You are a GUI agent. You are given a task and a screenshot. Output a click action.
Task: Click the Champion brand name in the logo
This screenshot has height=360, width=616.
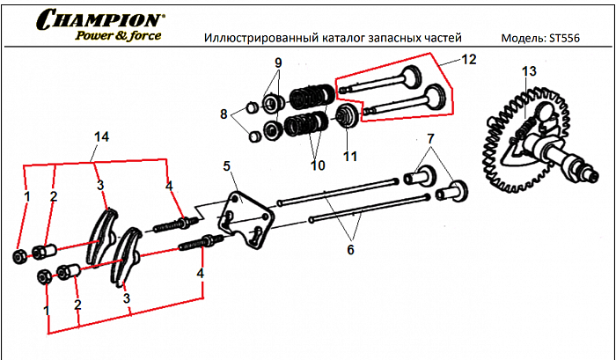coord(99,18)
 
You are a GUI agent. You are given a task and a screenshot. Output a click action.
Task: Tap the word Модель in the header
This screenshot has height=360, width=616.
coord(522,39)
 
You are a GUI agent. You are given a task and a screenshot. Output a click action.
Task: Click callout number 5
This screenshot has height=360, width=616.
coord(226,165)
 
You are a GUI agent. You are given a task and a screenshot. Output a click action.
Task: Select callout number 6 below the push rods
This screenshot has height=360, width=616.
coord(349,251)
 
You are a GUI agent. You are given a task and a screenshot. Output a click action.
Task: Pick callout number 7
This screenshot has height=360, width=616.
coord(430,139)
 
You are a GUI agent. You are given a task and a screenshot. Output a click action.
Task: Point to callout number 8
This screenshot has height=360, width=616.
coord(224,114)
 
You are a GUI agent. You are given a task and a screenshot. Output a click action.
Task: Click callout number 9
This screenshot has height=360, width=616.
coord(278,62)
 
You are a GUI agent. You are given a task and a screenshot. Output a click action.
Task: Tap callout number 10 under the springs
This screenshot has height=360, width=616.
coord(316,165)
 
